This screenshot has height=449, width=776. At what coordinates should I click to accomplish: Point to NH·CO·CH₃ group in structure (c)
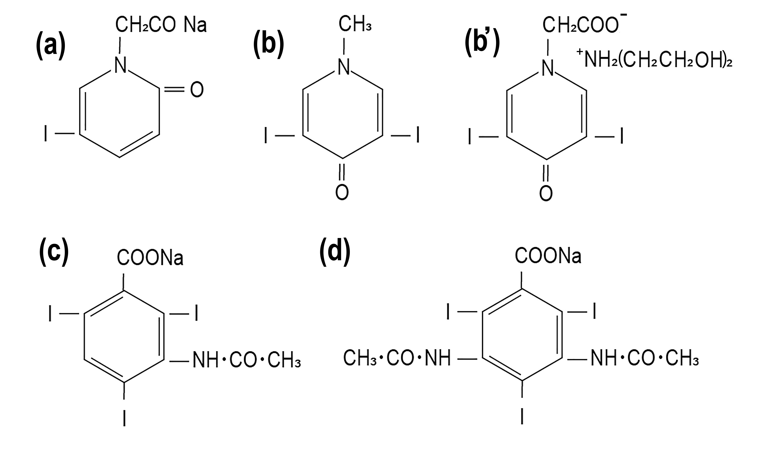click(x=246, y=360)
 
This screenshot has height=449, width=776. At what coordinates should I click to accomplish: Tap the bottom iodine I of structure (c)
click(x=124, y=418)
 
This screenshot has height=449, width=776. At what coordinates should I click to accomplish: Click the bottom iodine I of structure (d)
click(x=522, y=416)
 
